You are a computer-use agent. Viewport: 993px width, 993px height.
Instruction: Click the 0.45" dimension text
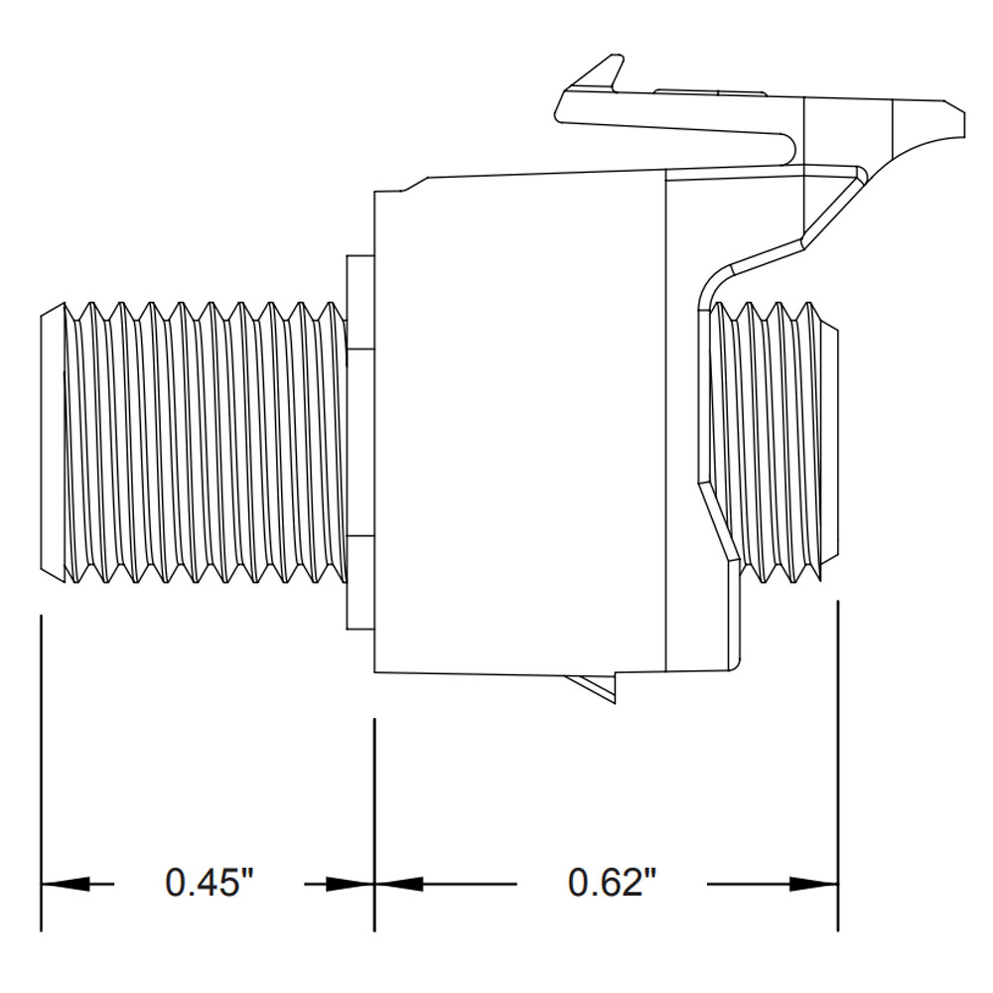click(210, 882)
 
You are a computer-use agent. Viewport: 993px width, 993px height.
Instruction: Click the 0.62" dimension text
click(613, 882)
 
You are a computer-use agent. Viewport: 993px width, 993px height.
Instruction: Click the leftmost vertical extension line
click(41, 775)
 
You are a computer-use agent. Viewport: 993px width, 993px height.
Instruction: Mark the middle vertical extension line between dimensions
click(374, 824)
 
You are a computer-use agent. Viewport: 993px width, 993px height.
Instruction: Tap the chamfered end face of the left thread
click(51, 443)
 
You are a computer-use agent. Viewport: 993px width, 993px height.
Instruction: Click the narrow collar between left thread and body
click(358, 443)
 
